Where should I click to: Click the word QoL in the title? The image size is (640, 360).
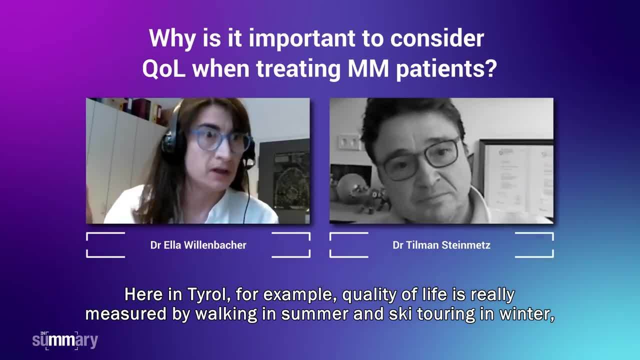pyautogui.click(x=163, y=69)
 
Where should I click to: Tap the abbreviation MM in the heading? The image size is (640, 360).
pyautogui.click(x=368, y=68)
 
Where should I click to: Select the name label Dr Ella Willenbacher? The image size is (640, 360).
pyautogui.click(x=198, y=245)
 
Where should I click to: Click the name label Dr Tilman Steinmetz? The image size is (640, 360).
pyautogui.click(x=441, y=245)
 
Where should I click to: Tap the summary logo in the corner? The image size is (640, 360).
pyautogui.click(x=65, y=340)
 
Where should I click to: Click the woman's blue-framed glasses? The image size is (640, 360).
pyautogui.click(x=220, y=140)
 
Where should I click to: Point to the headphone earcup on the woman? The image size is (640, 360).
pyautogui.click(x=171, y=145)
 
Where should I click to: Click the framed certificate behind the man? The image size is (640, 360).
pyautogui.click(x=516, y=179)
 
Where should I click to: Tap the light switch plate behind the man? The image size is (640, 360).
pyautogui.click(x=348, y=141)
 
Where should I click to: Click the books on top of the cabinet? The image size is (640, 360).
pyautogui.click(x=134, y=109)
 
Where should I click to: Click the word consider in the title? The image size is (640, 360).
pyautogui.click(x=437, y=38)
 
